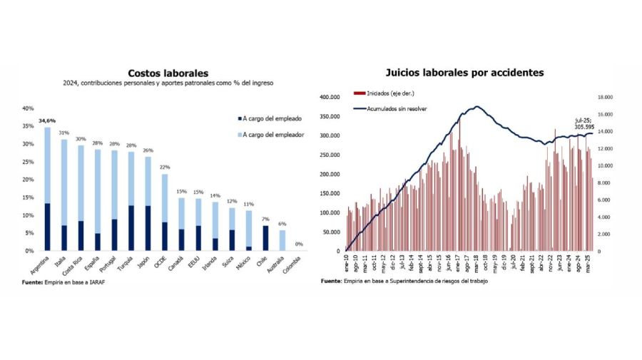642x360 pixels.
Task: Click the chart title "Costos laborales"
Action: [x=168, y=73]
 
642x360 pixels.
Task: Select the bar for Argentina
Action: [x=47, y=189]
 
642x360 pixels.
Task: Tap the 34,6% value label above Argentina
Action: [x=47, y=121]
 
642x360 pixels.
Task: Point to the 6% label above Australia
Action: [x=281, y=224]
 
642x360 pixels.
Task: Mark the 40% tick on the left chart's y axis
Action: [x=28, y=108]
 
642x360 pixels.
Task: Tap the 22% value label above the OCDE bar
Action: [x=164, y=168]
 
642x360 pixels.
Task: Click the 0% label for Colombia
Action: [x=300, y=245]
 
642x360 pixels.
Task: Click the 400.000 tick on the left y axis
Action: [x=330, y=97]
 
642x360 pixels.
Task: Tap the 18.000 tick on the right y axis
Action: [x=606, y=97]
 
